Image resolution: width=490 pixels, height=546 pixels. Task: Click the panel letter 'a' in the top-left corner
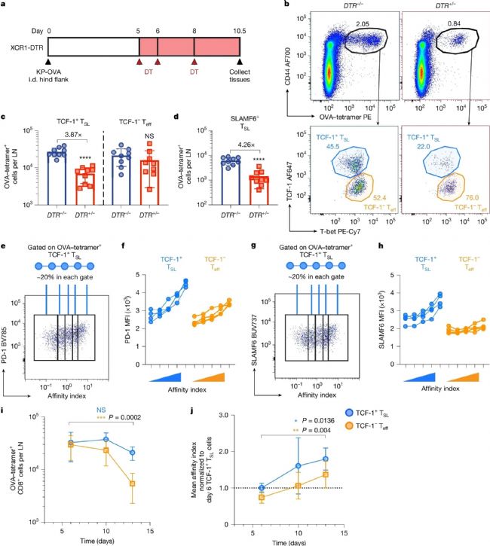point(5,7)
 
